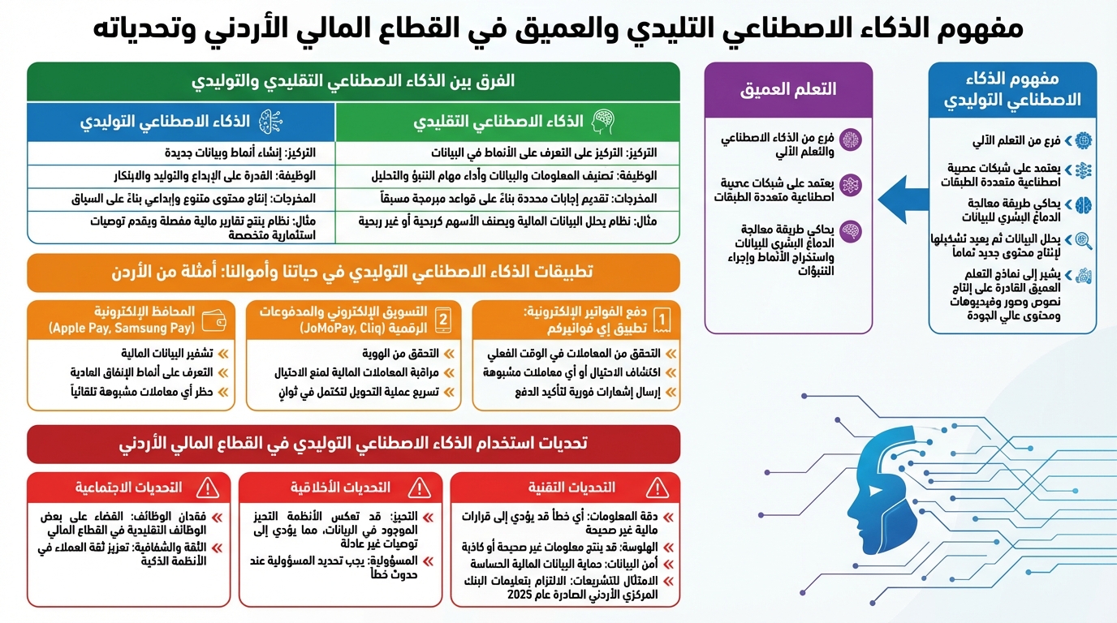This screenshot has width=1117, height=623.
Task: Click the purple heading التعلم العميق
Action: click(x=787, y=89)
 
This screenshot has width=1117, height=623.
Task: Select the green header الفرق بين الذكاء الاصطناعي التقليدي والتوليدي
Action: click(x=353, y=82)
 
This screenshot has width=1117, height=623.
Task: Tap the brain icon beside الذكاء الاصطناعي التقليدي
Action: click(x=603, y=122)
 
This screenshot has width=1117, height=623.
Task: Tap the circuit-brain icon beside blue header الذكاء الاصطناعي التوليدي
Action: click(x=270, y=122)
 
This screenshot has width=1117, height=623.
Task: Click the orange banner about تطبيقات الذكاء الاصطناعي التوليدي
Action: click(x=353, y=272)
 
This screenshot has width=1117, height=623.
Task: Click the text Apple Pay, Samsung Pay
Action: click(x=122, y=329)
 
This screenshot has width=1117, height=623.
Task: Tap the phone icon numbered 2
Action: click(x=443, y=320)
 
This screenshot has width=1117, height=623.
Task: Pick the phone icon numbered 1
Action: click(x=662, y=320)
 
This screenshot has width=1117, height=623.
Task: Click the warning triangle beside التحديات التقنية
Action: click(x=656, y=488)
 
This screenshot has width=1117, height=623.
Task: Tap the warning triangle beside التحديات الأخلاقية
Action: click(x=419, y=488)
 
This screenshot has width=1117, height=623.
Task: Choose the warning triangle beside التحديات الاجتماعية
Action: click(x=208, y=488)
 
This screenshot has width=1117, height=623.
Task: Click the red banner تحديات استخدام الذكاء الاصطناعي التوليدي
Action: click(x=353, y=444)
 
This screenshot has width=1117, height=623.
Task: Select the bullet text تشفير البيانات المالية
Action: click(x=166, y=354)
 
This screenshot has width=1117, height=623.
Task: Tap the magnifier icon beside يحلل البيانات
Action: click(x=1083, y=240)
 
